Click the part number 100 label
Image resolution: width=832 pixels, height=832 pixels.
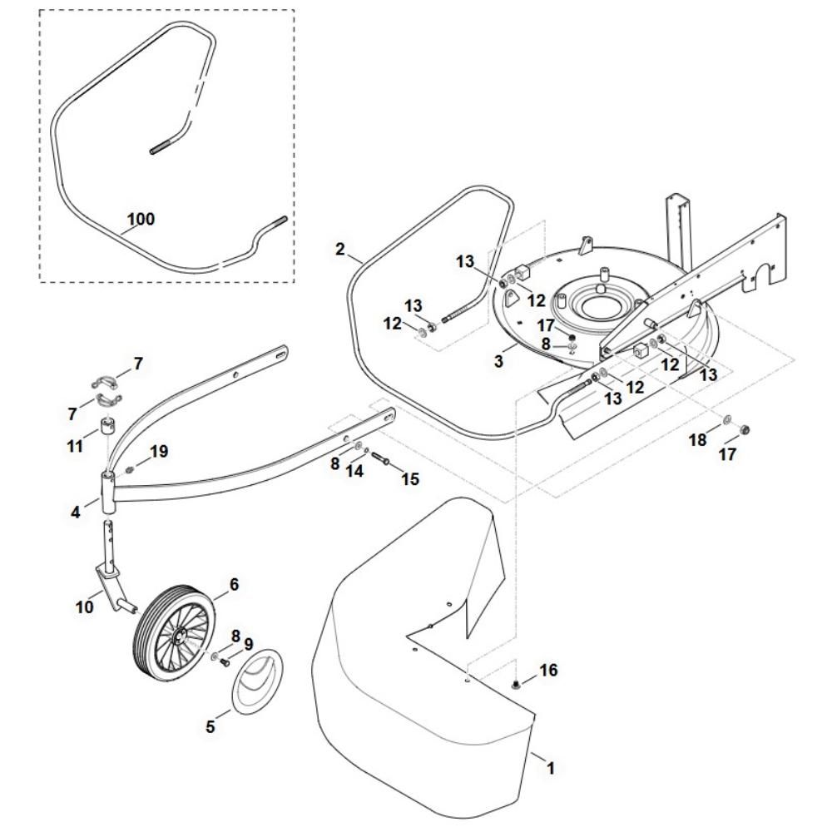tap(140, 220)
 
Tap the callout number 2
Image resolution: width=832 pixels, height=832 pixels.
tap(339, 249)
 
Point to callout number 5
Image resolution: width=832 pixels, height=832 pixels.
tap(210, 726)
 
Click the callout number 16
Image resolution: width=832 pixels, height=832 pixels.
tap(548, 669)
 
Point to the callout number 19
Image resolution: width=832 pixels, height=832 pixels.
tap(158, 451)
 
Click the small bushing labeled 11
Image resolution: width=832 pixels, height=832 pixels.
tap(107, 429)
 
